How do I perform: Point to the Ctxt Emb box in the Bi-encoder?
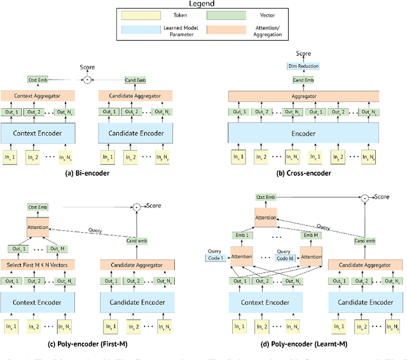pyautogui.click(x=37, y=80)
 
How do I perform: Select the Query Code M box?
pyautogui.click(x=285, y=254)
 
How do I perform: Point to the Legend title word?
pyautogui.click(x=203, y=4)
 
